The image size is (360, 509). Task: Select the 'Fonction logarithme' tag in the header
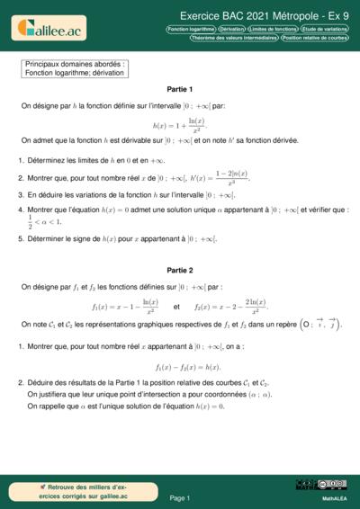point(191,29)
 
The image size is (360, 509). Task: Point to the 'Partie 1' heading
point(179,90)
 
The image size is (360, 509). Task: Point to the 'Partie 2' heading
point(179,270)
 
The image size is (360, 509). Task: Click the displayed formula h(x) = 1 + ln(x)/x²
point(179,123)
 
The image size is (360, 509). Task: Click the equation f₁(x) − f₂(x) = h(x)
point(180,366)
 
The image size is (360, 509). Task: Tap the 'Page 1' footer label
point(179,497)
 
